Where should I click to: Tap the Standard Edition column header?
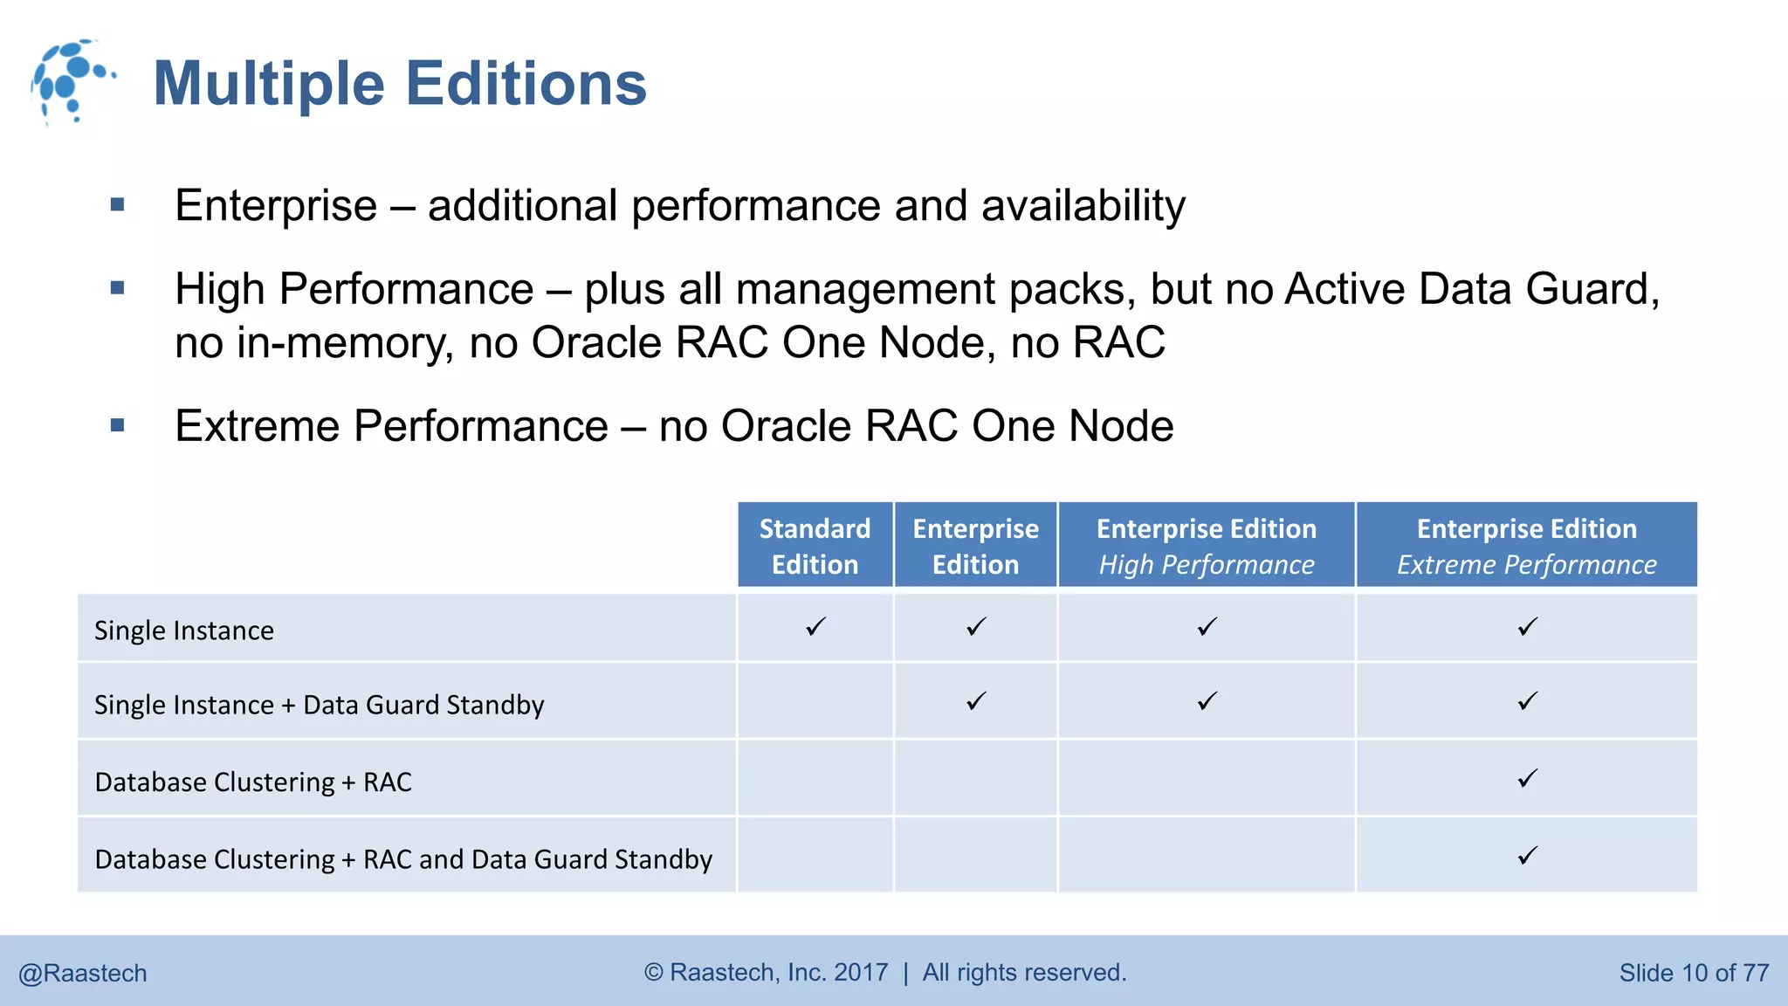pos(815,546)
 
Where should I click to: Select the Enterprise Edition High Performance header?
pos(1206,546)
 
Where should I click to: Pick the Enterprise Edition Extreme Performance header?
pos(1526,546)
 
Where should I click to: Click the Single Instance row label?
pos(184,630)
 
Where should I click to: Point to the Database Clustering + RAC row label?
pos(253,782)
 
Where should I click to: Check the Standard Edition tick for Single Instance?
pos(815,627)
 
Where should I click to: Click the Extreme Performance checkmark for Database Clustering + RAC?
pos(1527,778)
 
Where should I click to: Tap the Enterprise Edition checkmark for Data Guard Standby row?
pos(976,701)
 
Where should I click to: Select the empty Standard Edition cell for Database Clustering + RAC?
pos(815,778)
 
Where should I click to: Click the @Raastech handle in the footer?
pos(83,973)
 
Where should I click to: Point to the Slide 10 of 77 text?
pos(1694,973)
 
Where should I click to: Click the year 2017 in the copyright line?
pos(861,972)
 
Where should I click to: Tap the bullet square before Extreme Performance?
pos(118,426)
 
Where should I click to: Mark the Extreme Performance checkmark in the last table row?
pos(1527,856)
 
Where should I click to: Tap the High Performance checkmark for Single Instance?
pos(1207,627)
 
